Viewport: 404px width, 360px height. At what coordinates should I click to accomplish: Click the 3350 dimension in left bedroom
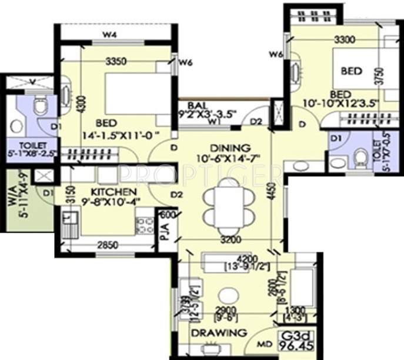point(118,61)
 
